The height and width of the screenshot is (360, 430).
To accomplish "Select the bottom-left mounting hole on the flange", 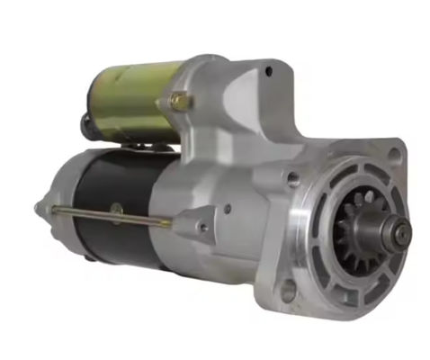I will point(289,290).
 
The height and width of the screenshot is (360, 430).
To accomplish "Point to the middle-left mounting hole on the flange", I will point(293,179).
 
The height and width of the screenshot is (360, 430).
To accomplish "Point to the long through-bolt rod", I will point(108,214).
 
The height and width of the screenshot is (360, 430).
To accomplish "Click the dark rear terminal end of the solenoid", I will point(87,126).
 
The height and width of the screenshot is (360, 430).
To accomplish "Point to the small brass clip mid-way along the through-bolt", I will point(115,213).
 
